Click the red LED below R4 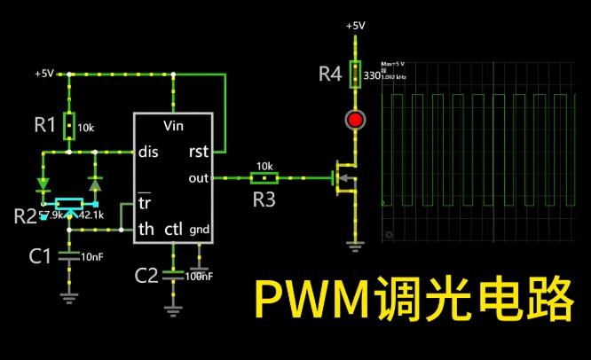point(356,120)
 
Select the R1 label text point(45,125)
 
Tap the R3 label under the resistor point(264,200)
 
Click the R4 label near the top point(330,74)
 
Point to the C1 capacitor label point(39,256)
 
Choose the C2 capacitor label point(146,275)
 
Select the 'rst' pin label point(199,151)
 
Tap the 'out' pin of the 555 point(199,177)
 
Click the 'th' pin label point(146,229)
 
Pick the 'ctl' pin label point(173,229)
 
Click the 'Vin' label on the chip point(174,125)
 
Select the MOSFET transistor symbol point(343,178)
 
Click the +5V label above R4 point(355,26)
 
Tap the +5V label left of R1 point(45,73)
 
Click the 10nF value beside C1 point(92,256)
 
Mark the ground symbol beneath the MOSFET point(356,243)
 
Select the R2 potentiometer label point(26,215)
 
